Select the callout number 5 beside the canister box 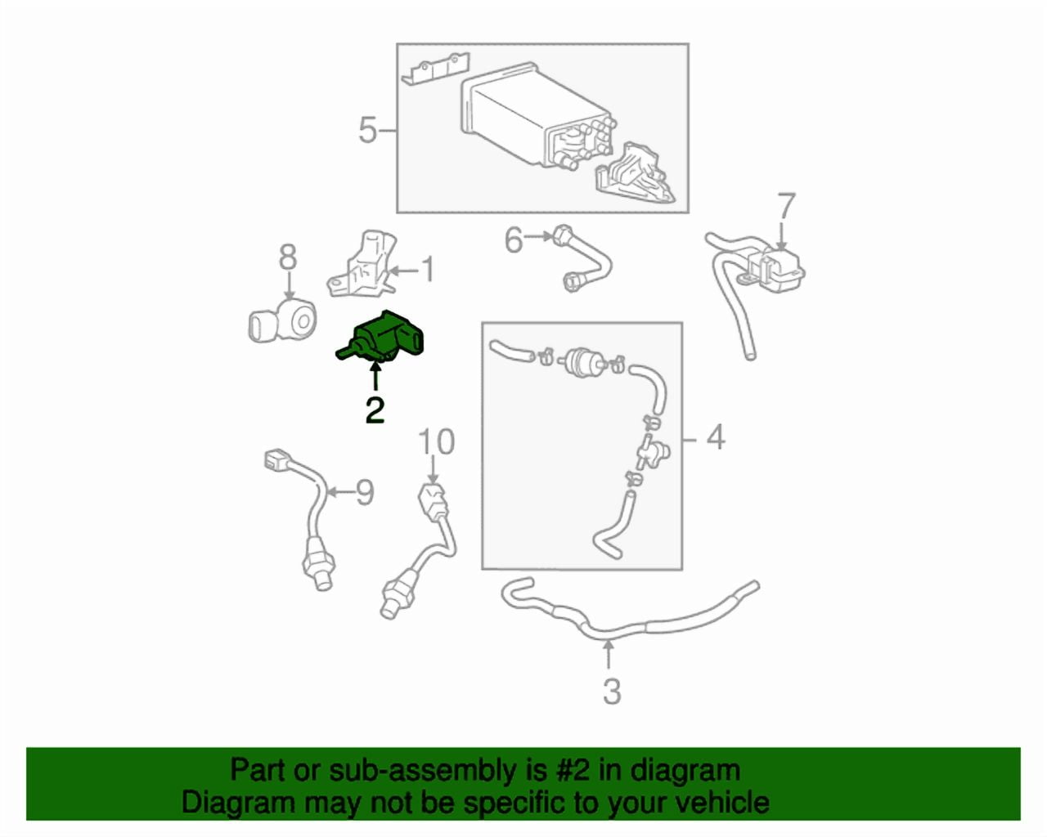point(368,130)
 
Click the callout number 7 point(786,206)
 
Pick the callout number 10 point(437,442)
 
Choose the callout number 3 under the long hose point(613,692)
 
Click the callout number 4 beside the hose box point(715,437)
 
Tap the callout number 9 point(365,492)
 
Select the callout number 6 point(514,239)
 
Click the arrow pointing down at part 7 point(781,237)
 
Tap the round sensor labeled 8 point(281,320)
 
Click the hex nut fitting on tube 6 point(561,235)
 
